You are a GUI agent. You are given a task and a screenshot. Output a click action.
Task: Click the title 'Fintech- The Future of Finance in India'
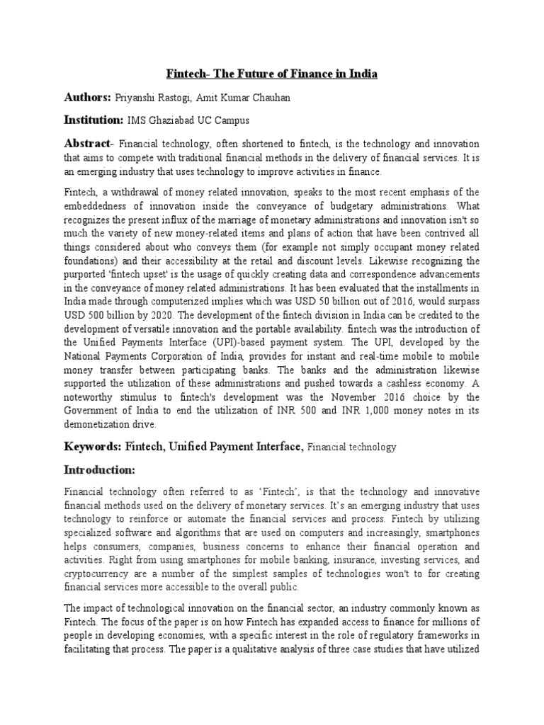(x=272, y=74)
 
